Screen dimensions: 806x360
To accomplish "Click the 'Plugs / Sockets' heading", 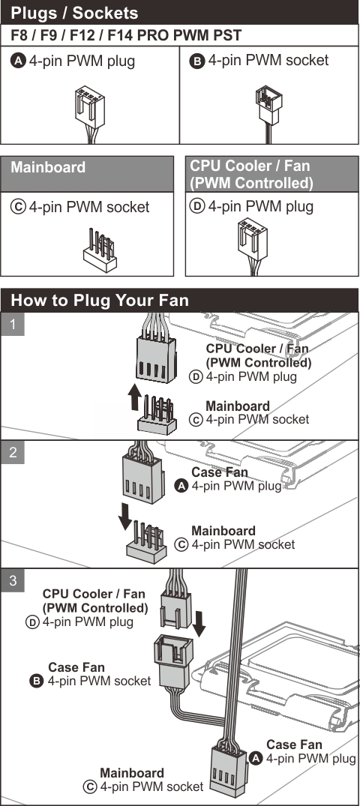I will coord(74,13).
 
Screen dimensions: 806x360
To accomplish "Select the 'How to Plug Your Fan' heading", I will coord(100,301).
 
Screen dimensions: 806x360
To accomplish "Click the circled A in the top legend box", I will coord(19,61).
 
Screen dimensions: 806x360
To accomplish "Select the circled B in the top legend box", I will coord(197,61).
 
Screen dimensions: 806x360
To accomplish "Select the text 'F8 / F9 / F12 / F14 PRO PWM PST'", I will coord(125,36).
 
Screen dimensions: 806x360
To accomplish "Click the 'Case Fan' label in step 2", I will coord(217,472).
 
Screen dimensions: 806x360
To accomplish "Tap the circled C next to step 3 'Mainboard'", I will coord(91,787).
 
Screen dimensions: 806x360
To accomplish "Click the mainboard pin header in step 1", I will coord(155,414).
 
